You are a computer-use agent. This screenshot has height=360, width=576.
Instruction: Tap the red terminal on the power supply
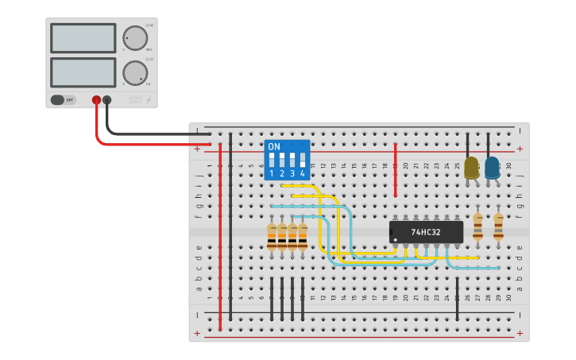[x=96, y=100]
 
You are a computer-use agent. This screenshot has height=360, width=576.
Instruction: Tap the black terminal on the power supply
[x=107, y=100]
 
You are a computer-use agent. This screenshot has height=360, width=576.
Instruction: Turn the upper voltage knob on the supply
[x=135, y=37]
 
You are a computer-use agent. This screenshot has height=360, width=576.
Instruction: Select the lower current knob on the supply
[x=135, y=73]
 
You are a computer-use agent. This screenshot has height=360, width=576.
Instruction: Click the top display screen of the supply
[x=83, y=37]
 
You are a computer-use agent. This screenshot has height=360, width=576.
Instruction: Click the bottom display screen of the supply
[x=83, y=72]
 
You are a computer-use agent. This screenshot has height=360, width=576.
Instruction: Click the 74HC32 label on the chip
[x=427, y=232]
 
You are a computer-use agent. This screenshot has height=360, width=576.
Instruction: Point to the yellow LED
[x=471, y=168]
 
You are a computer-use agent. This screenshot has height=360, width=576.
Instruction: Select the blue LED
[x=492, y=168]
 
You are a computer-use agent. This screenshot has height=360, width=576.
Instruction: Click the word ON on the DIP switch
[x=274, y=147]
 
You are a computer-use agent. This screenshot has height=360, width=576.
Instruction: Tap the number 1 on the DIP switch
[x=272, y=173]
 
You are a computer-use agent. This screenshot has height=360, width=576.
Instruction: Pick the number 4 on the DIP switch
[x=303, y=173]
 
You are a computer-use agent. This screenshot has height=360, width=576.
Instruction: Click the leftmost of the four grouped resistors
[x=272, y=236]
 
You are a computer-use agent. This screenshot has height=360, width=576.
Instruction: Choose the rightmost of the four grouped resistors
[x=303, y=236]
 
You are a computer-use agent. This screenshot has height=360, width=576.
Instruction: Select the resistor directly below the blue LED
[x=498, y=226]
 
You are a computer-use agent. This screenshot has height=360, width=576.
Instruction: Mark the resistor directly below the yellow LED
[x=477, y=226]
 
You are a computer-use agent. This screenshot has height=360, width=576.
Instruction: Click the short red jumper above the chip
[x=396, y=171]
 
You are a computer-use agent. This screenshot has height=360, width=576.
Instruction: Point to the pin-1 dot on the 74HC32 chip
[x=392, y=233]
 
